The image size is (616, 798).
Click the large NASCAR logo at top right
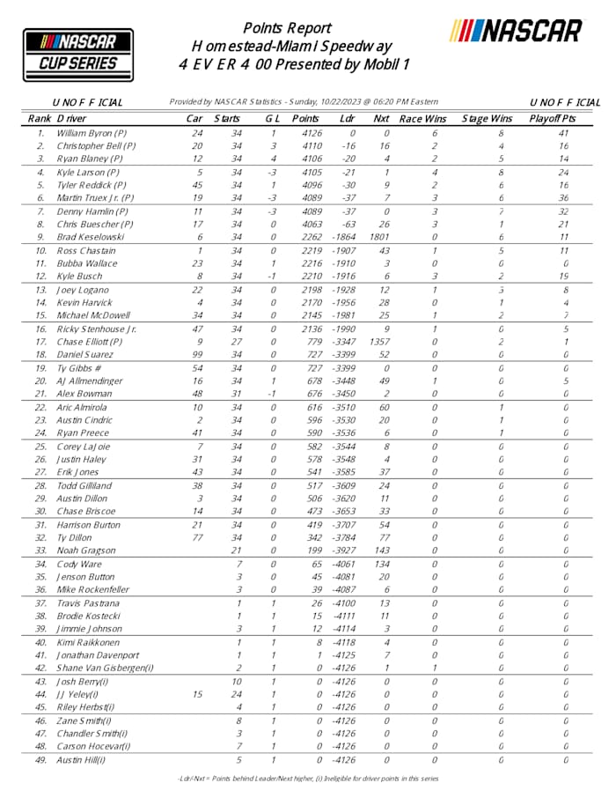516,31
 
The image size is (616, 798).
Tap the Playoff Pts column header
552,117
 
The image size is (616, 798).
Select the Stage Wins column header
488,117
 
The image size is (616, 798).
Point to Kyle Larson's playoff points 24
563,172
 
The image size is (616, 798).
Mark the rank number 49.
40,759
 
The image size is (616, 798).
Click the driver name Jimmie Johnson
92,629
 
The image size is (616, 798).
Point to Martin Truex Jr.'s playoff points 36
563,198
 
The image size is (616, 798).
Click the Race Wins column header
423,117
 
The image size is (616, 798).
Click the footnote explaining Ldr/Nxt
308,779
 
